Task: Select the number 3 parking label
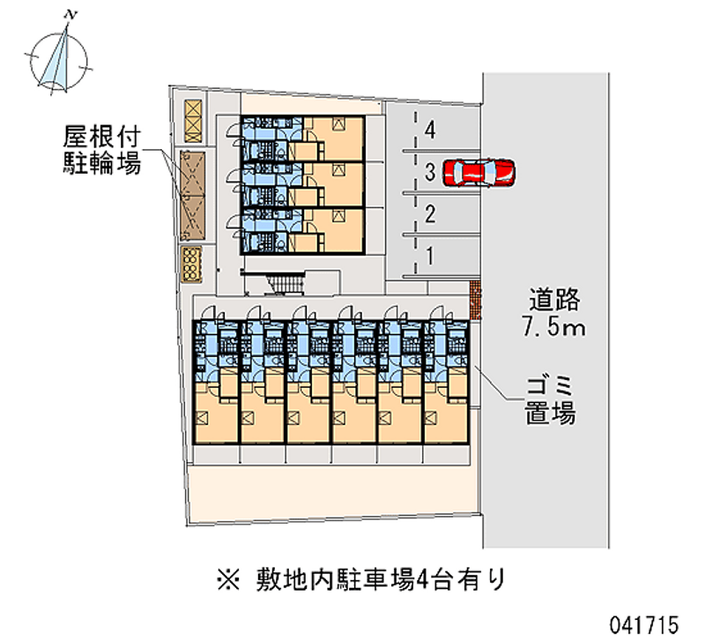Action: click(x=429, y=172)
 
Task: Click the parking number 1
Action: click(x=429, y=256)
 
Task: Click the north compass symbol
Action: click(x=58, y=58)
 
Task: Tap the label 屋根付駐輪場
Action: click(x=102, y=150)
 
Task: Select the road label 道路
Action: click(x=555, y=300)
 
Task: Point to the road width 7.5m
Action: click(x=554, y=329)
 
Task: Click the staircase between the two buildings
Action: click(x=284, y=283)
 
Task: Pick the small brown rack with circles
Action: click(x=191, y=261)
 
